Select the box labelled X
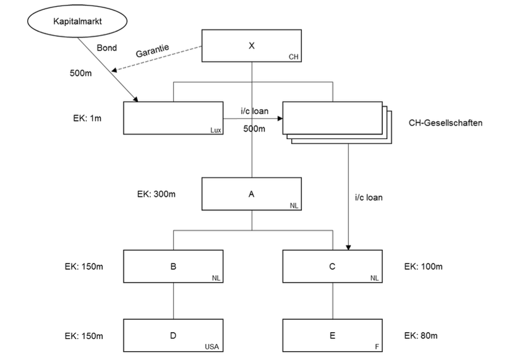point(252,45)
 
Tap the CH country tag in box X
point(293,57)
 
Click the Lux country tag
point(215,130)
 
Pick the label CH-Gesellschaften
point(445,122)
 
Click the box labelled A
point(252,193)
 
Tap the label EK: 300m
point(157,194)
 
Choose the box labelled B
point(173,267)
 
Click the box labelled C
point(333,267)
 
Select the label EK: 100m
point(424,267)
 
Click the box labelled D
point(173,336)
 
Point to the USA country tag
point(214,347)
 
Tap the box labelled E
point(333,336)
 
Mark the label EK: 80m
point(422,336)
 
